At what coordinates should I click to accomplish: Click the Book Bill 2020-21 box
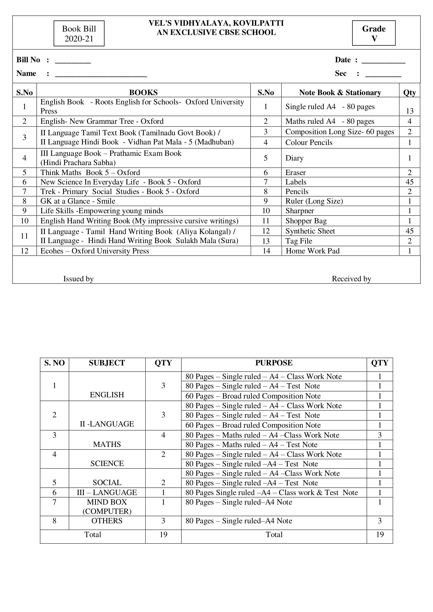pos(79,33)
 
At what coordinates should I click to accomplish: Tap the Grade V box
pos(374,33)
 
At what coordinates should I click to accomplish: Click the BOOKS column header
pos(143,92)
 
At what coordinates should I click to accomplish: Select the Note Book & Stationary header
pos(340,92)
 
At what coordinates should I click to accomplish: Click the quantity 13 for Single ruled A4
pos(409,111)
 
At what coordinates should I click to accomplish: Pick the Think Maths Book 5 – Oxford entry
pos(90,172)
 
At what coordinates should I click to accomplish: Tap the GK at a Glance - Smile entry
pos(78,201)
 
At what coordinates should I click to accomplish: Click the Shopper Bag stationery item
pos(306,221)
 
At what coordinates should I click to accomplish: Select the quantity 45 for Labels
pos(409,182)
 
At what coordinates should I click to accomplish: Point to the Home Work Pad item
pos(313,251)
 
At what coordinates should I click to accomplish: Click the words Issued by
pos(78,279)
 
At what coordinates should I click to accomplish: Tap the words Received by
pos(351,279)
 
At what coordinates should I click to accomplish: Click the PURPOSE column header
pos(274,363)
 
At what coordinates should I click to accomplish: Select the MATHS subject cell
pos(107,444)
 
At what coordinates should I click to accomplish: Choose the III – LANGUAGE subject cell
pos(107,492)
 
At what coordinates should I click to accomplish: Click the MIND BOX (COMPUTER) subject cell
pos(107,507)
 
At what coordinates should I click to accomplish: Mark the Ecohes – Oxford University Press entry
pos(95,251)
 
